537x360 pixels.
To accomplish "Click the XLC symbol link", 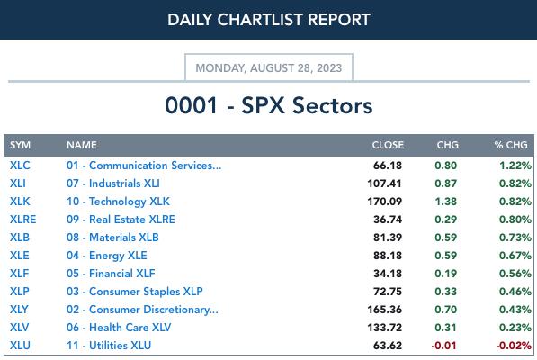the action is [x=20, y=166].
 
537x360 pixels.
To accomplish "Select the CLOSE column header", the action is [x=388, y=145].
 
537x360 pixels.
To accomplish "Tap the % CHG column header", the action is [x=511, y=145].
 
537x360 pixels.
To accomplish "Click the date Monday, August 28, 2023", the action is [x=268, y=67].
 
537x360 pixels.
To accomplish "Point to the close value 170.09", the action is [x=384, y=202].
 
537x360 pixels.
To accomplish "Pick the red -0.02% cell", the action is [x=514, y=346].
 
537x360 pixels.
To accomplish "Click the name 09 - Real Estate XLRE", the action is [x=121, y=220].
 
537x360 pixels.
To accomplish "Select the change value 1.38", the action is [x=445, y=202].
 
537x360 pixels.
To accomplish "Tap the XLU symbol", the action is [x=20, y=346].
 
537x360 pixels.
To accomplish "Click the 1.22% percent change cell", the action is [x=515, y=166].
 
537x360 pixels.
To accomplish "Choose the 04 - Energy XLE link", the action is [x=106, y=256].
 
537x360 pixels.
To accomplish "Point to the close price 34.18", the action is [x=388, y=274].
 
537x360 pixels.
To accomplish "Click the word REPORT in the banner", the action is [x=339, y=20].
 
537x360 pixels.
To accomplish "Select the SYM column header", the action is [x=20, y=145].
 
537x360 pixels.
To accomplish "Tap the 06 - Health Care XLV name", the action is [x=119, y=328].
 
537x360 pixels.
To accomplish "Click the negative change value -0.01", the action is [x=443, y=346].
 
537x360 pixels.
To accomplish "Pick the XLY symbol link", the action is [x=19, y=310].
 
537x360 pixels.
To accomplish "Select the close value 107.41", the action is [x=384, y=184].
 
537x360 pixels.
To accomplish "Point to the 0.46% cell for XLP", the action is [x=515, y=292].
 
